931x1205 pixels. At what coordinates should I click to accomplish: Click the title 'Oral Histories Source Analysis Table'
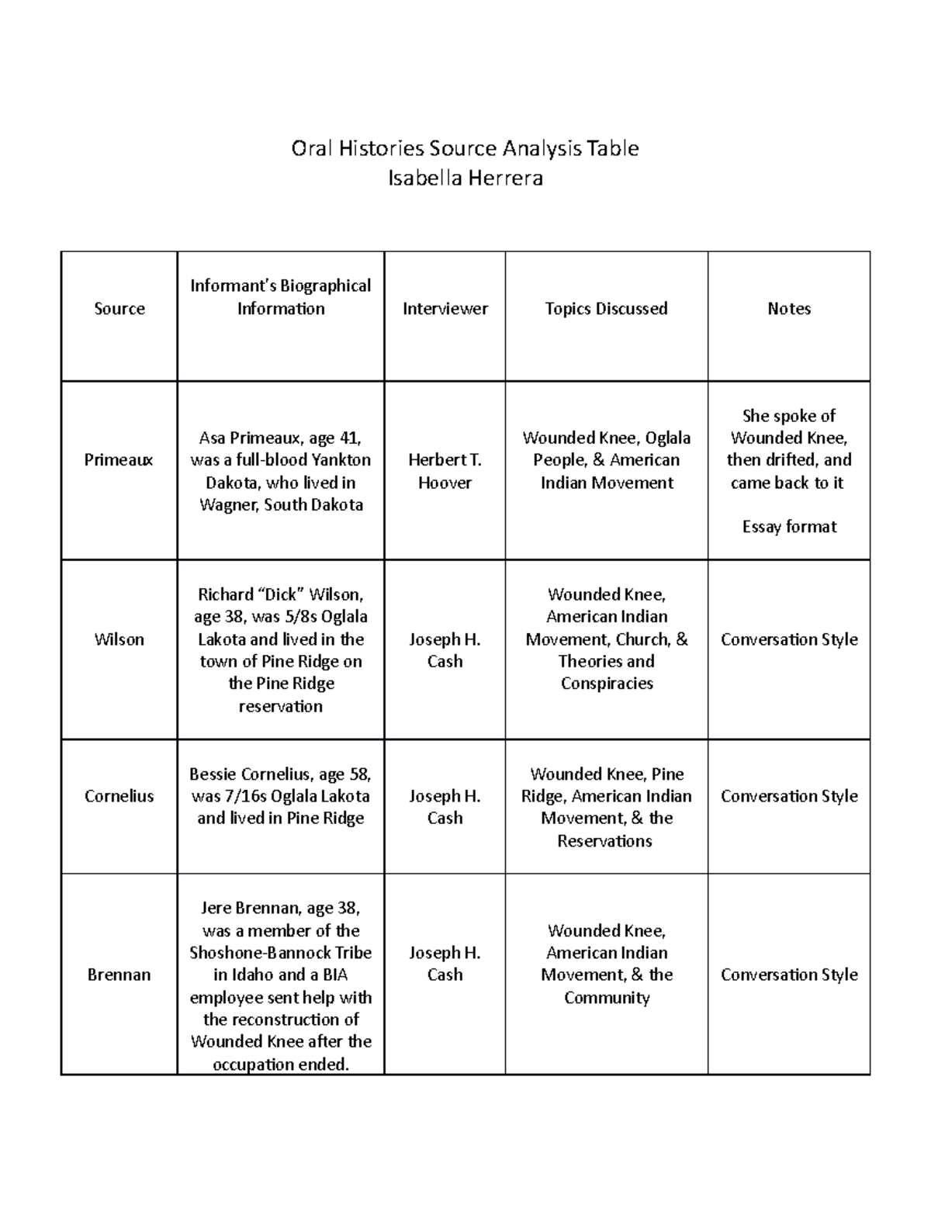click(465, 148)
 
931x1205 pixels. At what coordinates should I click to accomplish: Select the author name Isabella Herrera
click(465, 178)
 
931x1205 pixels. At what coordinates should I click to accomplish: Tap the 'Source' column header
click(119, 309)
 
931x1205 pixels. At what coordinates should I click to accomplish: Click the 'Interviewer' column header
click(445, 309)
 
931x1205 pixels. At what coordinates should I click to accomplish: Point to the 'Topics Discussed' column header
click(606, 309)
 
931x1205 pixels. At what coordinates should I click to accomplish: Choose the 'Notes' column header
click(788, 309)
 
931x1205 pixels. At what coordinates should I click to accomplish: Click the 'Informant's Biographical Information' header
click(280, 297)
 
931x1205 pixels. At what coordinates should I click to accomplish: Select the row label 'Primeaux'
click(119, 460)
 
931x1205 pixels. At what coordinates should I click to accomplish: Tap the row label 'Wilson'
click(119, 639)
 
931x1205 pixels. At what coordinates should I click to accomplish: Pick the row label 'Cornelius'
click(119, 796)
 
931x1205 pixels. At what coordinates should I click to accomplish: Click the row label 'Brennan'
click(119, 975)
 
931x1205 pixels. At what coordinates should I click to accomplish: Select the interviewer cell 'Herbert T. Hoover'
click(445, 471)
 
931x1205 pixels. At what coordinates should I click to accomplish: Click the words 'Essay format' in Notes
click(788, 527)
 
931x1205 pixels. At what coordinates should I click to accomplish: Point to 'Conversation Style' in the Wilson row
click(788, 639)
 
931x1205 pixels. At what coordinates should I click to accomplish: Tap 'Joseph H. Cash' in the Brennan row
click(445, 964)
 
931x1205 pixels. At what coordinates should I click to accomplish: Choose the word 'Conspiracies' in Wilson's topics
click(606, 684)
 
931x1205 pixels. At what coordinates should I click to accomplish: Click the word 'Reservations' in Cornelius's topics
click(604, 841)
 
